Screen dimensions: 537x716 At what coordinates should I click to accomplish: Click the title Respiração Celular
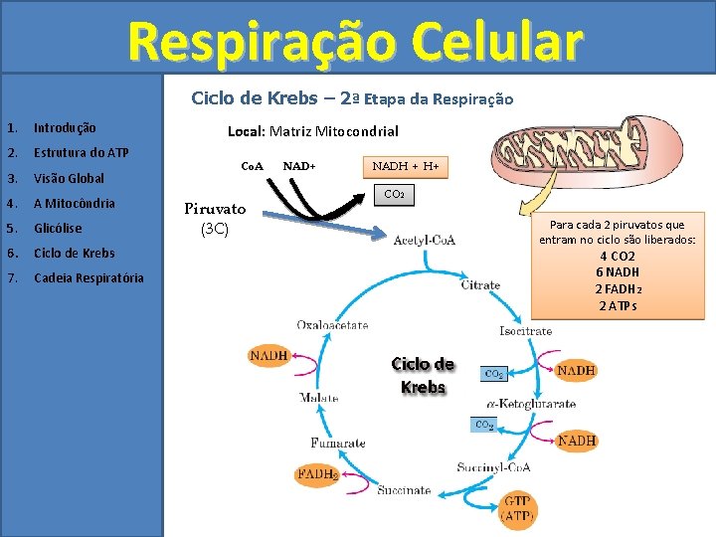click(355, 42)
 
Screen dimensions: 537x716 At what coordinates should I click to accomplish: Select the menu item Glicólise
click(58, 228)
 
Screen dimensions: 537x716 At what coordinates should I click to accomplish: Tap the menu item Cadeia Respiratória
click(89, 277)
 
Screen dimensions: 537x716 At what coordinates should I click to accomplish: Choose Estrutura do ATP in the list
click(81, 153)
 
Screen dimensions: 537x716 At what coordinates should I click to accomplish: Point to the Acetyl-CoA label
click(425, 240)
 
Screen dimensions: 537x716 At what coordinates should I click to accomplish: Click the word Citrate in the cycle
click(480, 285)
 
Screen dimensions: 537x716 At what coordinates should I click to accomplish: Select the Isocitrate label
click(525, 330)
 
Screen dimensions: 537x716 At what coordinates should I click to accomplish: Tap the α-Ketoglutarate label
click(531, 405)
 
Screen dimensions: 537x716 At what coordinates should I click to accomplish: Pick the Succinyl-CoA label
click(493, 466)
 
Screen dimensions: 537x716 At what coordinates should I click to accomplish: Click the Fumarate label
click(337, 444)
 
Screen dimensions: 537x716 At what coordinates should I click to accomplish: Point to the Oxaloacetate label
click(332, 325)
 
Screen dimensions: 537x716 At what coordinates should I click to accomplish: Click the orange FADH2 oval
click(317, 475)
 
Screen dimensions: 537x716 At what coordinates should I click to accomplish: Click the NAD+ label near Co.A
click(298, 165)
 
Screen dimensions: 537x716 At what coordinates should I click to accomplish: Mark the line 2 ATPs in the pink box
click(618, 305)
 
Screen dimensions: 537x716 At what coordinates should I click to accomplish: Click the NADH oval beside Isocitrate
click(576, 371)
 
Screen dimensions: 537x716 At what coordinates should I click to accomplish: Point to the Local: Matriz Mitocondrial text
click(313, 131)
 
